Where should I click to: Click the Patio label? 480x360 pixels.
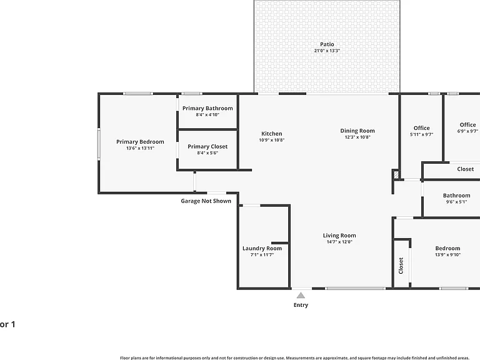pos(327,44)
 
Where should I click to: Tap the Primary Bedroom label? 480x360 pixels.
pos(140,142)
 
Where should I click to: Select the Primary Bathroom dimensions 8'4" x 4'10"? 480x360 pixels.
pos(207,115)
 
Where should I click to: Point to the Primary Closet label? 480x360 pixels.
pos(207,147)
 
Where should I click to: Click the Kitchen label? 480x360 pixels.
pos(272,134)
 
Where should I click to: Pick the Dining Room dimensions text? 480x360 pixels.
pos(357,137)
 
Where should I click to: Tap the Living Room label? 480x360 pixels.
pos(339,236)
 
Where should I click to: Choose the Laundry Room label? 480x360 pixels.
pos(262,248)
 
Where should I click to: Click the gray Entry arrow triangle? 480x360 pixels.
pos(301,296)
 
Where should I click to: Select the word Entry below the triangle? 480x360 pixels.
pos(301,305)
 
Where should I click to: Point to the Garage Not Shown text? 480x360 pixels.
pos(206,201)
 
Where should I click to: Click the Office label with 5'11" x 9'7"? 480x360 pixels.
pos(421,128)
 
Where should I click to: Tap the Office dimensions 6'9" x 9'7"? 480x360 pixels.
pos(467,131)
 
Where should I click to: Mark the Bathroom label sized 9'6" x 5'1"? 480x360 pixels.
pos(457,195)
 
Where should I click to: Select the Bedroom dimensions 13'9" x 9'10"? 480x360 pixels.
pos(448,255)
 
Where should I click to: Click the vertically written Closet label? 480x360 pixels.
pos(401,266)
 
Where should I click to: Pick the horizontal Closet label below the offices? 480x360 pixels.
pos(465,169)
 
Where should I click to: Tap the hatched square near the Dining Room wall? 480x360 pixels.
pos(396,175)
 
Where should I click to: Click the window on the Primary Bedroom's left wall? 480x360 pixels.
pos(99,144)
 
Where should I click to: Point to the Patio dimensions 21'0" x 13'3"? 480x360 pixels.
pos(327,51)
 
